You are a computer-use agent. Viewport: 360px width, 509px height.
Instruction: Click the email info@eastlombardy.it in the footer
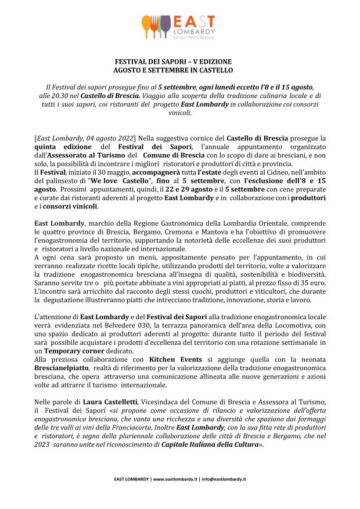tap(223, 479)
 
